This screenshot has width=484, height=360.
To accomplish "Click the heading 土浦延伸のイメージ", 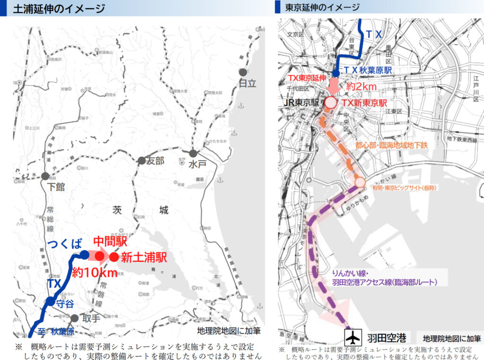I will (x=59, y=8).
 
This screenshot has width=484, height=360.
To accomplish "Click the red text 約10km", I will (x=95, y=273).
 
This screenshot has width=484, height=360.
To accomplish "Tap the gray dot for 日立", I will (x=242, y=72).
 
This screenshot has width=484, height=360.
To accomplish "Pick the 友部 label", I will (x=154, y=161).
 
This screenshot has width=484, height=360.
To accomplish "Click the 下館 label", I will (x=56, y=187).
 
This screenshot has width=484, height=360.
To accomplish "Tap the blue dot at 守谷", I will (x=50, y=301).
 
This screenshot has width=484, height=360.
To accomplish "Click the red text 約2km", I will (x=361, y=86).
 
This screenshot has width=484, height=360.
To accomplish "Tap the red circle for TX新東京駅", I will (x=330, y=102).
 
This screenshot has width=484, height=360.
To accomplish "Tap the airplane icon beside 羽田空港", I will (x=352, y=338).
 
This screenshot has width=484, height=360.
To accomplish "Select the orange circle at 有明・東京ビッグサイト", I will (x=360, y=183).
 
